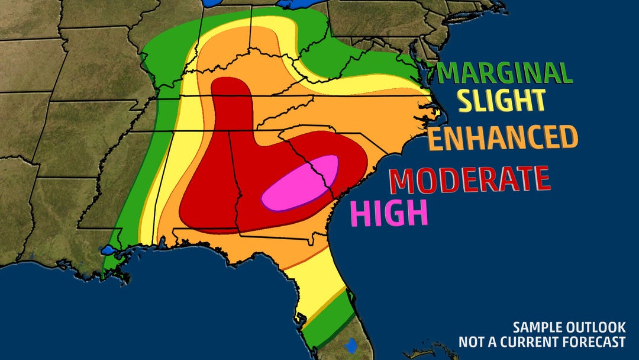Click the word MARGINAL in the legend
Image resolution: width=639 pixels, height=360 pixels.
click(x=506, y=73)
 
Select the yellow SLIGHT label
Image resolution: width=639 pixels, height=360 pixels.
click(x=502, y=101)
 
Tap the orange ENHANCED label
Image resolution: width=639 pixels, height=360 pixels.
click(x=502, y=138)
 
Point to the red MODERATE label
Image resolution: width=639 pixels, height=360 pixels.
click(x=470, y=179)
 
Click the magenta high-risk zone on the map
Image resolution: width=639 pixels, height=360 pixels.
click(x=301, y=184)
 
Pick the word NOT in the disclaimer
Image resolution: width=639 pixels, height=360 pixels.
click(x=471, y=342)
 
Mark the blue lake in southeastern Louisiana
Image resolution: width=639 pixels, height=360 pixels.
click(x=109, y=250)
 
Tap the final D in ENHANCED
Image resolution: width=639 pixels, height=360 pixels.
click(x=568, y=138)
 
